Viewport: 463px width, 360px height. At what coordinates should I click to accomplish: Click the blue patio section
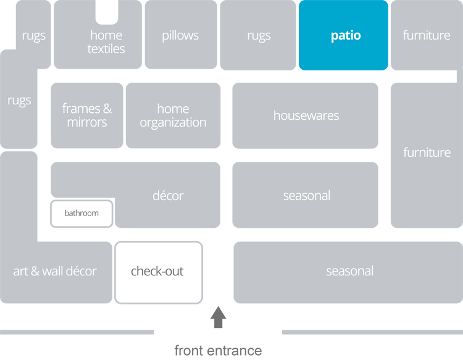[343, 36]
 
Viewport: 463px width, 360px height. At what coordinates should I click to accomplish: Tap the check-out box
[159, 272]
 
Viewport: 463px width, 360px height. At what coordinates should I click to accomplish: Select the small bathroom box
[81, 214]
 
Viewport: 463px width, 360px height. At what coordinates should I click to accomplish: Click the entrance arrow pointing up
[218, 317]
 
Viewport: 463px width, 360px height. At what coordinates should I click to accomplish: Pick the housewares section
[306, 115]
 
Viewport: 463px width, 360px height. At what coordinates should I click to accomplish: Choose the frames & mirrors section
[86, 115]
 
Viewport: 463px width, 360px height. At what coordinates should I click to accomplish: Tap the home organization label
[173, 115]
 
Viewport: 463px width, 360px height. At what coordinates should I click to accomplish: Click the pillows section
[180, 36]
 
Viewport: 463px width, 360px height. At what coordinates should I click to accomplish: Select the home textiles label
[106, 42]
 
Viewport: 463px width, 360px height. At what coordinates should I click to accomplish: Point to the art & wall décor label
[55, 271]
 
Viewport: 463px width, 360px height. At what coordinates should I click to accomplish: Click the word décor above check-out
[168, 196]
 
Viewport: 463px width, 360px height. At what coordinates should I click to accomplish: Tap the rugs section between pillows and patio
[259, 36]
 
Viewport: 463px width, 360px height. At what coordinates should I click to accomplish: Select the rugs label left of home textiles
[33, 36]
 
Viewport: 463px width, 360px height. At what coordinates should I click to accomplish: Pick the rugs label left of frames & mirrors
[19, 100]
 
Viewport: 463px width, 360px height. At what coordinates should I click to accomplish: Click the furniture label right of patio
[426, 36]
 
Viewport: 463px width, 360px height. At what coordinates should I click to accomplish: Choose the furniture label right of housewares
[427, 153]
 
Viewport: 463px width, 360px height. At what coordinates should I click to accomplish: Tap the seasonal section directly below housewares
[306, 196]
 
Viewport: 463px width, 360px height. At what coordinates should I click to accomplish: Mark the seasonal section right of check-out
[349, 271]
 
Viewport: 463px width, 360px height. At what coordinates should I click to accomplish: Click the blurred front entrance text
[218, 351]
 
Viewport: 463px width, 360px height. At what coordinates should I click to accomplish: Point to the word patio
[346, 36]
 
